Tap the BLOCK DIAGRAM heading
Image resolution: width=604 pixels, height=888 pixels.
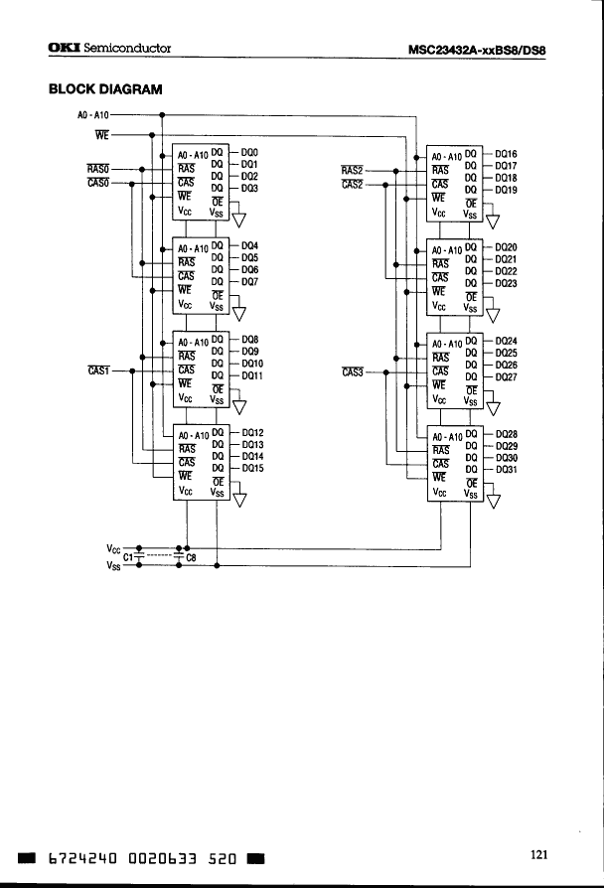(104, 89)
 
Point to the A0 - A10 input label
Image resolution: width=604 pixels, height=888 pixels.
(92, 115)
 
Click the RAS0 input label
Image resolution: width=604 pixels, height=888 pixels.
(98, 169)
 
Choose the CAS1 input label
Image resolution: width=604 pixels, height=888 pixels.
(98, 370)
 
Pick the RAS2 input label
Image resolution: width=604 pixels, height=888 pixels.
(353, 170)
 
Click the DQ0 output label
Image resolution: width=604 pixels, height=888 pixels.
(249, 152)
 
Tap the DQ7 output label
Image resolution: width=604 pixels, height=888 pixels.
(249, 281)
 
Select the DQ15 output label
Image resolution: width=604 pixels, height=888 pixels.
(252, 468)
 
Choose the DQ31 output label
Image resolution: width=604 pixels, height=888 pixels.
(506, 470)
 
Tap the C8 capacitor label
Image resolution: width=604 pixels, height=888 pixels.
(192, 557)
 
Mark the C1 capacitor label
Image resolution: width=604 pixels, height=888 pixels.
(128, 557)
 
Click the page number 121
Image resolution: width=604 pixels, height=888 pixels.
(539, 853)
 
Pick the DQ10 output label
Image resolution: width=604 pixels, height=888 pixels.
(252, 365)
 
